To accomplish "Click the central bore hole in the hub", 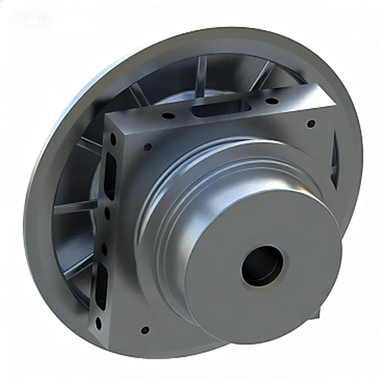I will pyautogui.click(x=261, y=265).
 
